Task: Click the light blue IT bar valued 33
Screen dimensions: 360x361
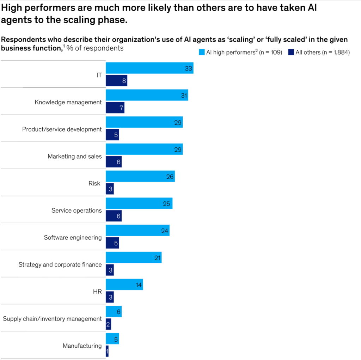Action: coord(149,68)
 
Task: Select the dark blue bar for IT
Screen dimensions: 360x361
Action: coord(116,81)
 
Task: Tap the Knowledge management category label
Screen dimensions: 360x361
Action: coord(68,102)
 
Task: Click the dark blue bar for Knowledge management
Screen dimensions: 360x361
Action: coord(115,108)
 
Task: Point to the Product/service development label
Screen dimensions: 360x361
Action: coord(62,129)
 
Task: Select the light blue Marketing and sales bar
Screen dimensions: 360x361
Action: coord(144,150)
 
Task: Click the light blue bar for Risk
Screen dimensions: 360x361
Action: coord(140,177)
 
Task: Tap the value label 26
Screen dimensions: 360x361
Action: coord(170,177)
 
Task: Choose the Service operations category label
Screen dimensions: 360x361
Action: coord(77,210)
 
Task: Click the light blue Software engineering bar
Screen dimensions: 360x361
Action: coord(137,231)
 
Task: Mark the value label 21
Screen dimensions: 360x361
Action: coord(157,258)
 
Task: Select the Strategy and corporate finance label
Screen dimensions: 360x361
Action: coord(60,265)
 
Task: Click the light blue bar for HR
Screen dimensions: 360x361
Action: coord(124,285)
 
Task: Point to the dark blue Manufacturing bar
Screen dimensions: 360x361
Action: coord(107,352)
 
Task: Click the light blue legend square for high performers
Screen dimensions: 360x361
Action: coord(202,53)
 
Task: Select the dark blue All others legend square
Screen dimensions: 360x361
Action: coord(291,53)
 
